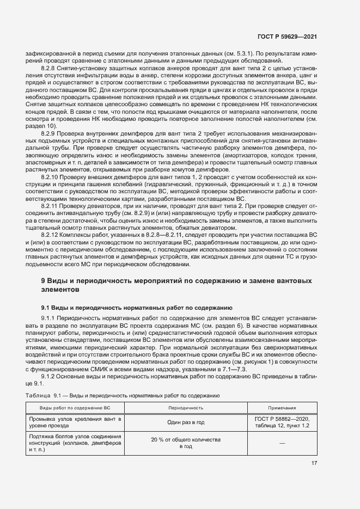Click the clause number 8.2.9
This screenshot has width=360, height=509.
pyautogui.click(x=49, y=132)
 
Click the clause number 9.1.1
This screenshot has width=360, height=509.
pyautogui.click(x=49, y=317)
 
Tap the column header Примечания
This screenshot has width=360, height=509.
pyautogui.click(x=282, y=407)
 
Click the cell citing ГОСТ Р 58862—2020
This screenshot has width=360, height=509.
pyautogui.click(x=282, y=422)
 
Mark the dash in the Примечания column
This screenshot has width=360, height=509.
pyautogui.click(x=282, y=443)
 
